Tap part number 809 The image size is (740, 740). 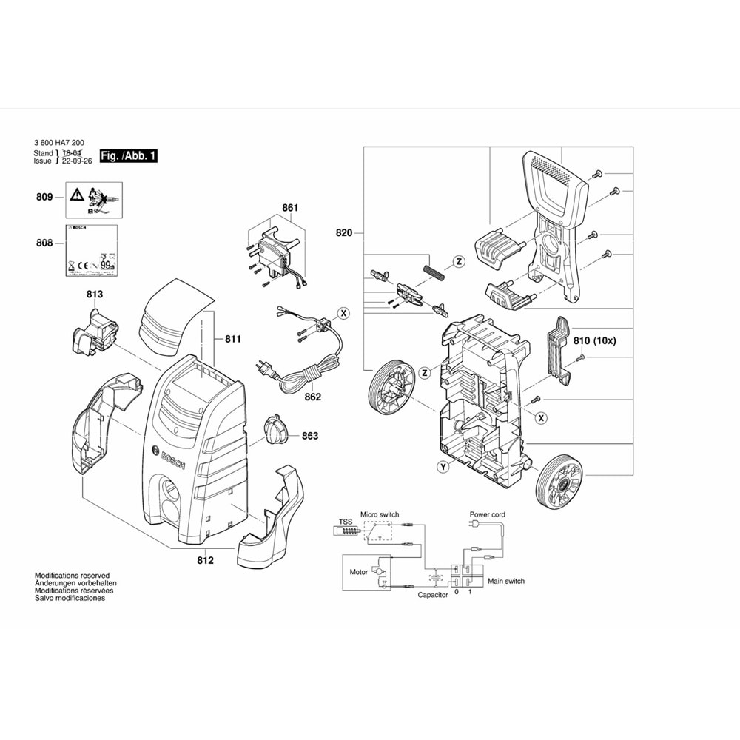[x=44, y=197]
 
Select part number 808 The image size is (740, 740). [x=44, y=243]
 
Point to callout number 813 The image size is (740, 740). [x=94, y=295]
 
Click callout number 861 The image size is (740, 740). [x=289, y=209]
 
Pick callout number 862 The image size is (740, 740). [x=312, y=397]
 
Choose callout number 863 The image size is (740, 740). [x=309, y=436]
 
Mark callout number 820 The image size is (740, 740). [x=343, y=233]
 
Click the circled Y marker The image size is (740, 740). [x=443, y=467]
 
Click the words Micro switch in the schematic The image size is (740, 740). [x=379, y=514]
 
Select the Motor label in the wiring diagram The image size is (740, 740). [x=359, y=572]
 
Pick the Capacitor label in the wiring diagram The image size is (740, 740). [x=433, y=595]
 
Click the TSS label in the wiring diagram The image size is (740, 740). [x=346, y=521]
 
